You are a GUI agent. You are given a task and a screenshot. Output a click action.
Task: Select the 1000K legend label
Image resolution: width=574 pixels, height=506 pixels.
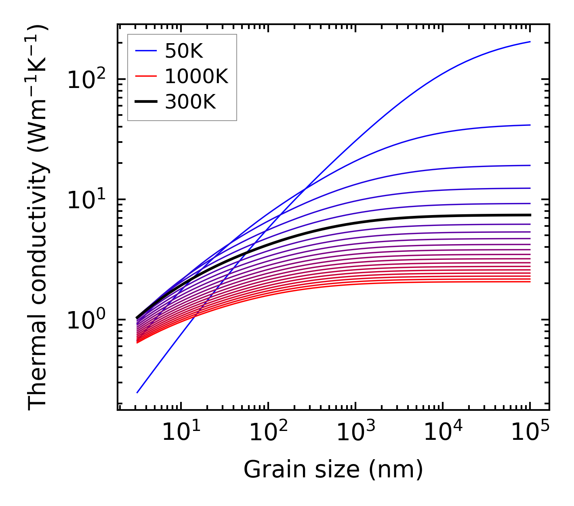coord(196,76)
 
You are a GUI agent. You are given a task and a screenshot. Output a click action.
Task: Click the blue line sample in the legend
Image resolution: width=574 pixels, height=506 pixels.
coord(145,51)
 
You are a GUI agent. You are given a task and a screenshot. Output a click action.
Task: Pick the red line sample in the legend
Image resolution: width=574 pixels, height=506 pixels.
coord(145,76)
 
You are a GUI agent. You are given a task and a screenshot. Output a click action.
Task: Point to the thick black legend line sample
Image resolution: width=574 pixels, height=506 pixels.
coord(145,102)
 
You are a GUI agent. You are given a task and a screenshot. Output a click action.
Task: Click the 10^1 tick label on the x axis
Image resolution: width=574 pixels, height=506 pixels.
coord(181,433)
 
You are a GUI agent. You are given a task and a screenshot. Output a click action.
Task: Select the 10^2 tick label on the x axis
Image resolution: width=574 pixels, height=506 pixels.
coord(268,433)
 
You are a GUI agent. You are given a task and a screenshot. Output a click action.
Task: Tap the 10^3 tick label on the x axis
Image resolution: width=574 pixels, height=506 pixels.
coord(355,433)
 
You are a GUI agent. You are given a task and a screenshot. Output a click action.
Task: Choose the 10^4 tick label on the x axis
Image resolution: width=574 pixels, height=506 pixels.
coord(442,433)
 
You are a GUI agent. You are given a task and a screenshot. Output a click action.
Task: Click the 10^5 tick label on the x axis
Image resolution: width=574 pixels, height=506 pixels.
coord(530,433)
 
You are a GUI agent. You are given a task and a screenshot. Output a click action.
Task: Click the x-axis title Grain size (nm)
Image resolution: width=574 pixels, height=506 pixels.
coord(333,470)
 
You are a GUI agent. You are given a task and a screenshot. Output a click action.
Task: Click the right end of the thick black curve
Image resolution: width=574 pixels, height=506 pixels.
coord(530,215)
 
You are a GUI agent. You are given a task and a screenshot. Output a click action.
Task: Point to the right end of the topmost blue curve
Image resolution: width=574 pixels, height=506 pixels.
coord(530,42)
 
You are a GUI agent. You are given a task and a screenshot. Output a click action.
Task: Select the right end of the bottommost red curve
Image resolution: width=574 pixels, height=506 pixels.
coord(530,282)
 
